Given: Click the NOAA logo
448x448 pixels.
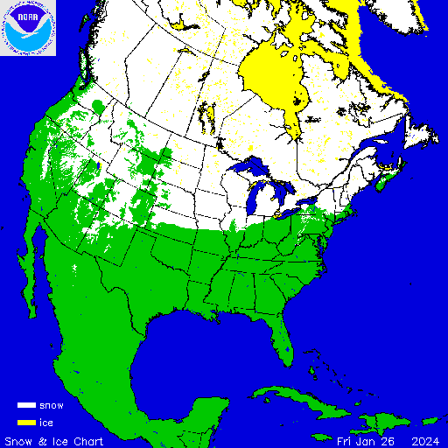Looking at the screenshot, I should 28,28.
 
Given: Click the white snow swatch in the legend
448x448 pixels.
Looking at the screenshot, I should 25,406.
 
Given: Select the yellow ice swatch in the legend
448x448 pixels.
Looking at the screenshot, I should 25,423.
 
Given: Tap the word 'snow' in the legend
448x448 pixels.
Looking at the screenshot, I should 51,406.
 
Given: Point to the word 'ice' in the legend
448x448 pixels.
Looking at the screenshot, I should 45,423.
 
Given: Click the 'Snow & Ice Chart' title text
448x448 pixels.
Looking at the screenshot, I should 54,440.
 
